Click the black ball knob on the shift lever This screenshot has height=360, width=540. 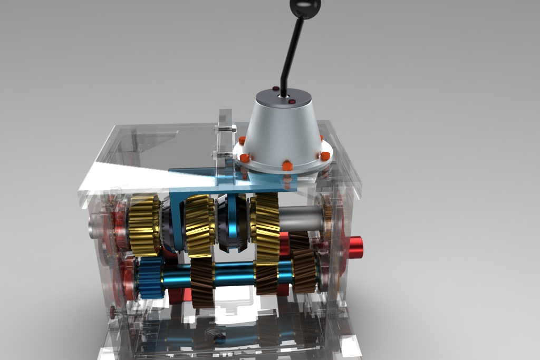click(x=305, y=7)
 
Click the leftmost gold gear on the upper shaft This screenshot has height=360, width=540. click(x=144, y=225)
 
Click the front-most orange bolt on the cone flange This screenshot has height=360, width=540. click(x=287, y=166)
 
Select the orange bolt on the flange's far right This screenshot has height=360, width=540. click(x=325, y=155)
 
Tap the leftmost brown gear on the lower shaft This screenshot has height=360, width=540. click(x=202, y=282)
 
